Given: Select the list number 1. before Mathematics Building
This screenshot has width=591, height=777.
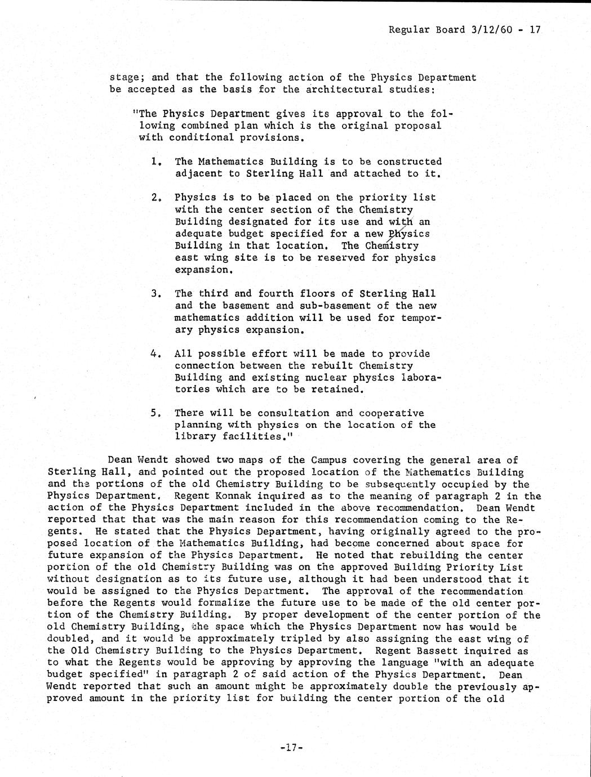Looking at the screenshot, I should click(157, 162).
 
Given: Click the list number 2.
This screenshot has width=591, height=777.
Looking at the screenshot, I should click(157, 198).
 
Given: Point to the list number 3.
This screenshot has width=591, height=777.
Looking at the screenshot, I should click(157, 294).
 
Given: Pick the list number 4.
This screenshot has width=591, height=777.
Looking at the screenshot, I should click(157, 354).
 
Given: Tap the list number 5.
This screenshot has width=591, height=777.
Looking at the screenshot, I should click(157, 413).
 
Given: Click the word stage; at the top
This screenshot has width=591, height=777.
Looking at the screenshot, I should click(127, 78).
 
